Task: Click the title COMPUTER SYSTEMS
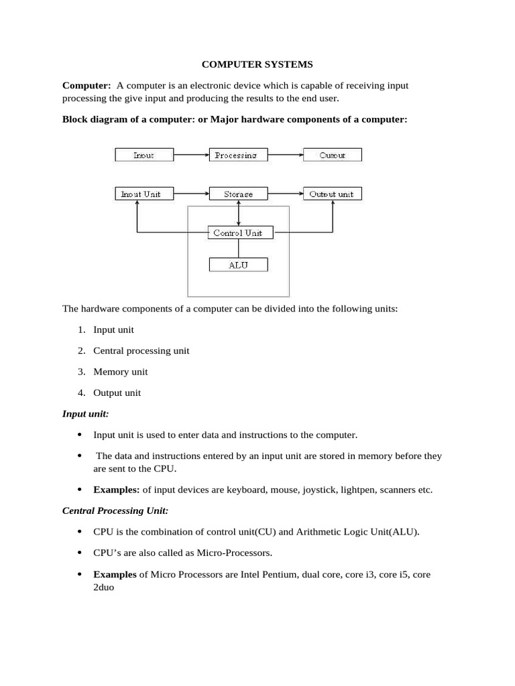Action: point(258,65)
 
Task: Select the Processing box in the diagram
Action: point(238,155)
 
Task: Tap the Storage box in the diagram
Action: point(238,194)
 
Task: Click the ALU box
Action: point(238,265)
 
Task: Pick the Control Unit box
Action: point(238,233)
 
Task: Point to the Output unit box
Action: point(332,194)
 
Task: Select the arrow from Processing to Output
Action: point(285,155)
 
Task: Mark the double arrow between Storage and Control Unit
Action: point(239,214)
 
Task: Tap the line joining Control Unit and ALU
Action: point(239,249)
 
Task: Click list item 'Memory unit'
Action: point(121,372)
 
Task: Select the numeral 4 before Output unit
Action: point(80,393)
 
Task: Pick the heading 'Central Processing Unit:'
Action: point(115,510)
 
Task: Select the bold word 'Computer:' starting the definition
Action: point(87,86)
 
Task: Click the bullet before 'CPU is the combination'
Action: point(80,532)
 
